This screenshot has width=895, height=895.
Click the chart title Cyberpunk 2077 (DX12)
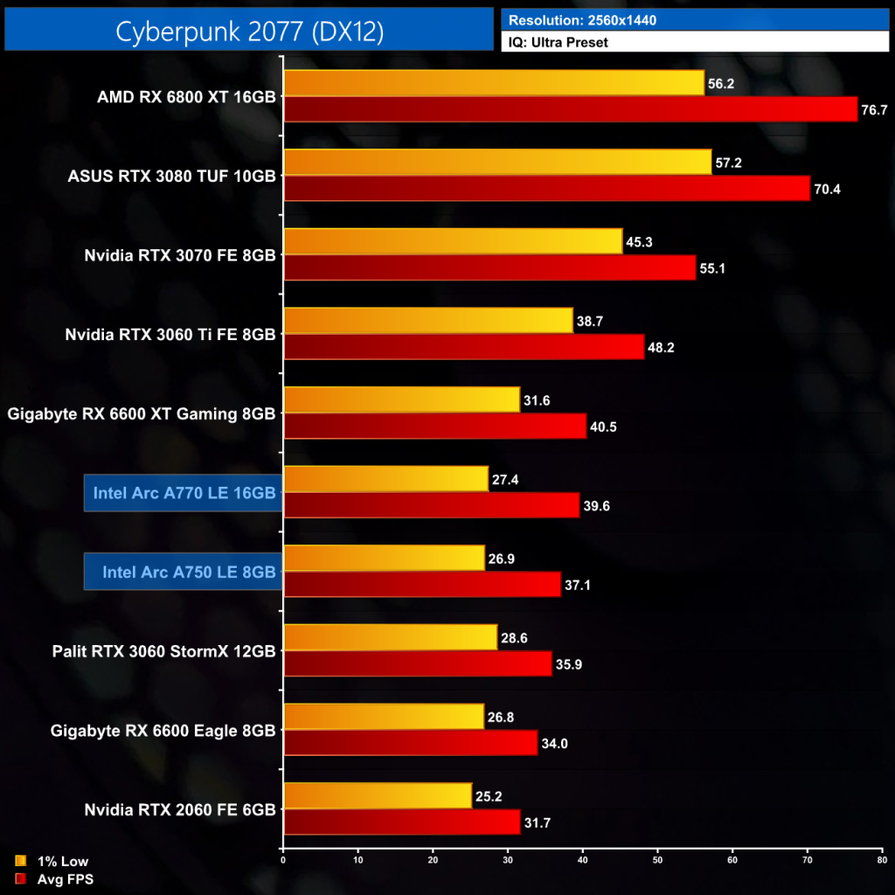pos(249,31)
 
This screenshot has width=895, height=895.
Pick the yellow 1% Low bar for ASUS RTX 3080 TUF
pos(497,163)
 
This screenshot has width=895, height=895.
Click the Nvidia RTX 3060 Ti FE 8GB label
pos(170,334)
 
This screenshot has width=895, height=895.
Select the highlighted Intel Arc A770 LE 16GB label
pos(184,493)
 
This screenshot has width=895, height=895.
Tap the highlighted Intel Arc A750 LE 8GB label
pos(184,572)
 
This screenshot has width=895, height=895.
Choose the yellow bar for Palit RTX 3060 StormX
pos(390,637)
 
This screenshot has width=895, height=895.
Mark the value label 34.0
pos(556,744)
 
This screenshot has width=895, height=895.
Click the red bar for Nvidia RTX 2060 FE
pos(402,822)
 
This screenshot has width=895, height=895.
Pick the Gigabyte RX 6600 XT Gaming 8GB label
pos(141,413)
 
